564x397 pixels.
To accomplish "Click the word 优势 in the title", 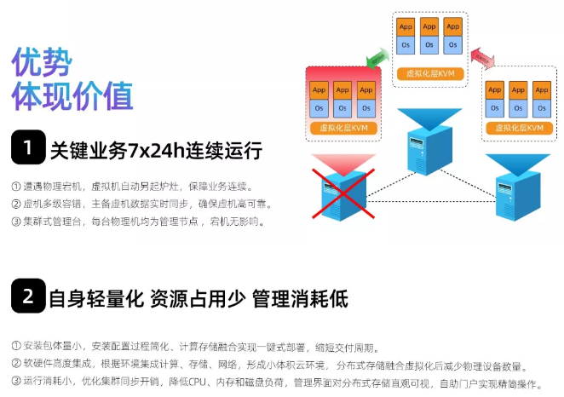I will click(41, 62).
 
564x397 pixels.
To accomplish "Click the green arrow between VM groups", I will click(374, 59).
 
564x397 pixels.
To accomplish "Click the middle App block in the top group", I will click(429, 26).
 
